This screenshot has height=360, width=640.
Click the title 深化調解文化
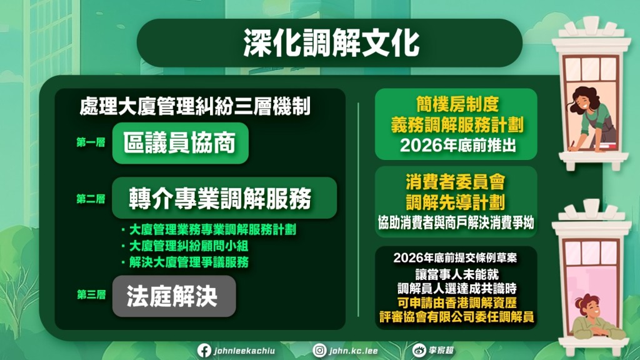tap(331, 42)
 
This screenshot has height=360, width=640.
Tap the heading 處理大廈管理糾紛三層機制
tap(195, 106)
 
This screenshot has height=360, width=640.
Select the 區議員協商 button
tap(180, 143)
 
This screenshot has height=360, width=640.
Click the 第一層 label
tap(91, 142)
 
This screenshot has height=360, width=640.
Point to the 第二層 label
tap(91, 199)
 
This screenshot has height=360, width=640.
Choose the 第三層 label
tap(91, 295)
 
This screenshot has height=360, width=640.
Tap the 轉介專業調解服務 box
tap(224, 198)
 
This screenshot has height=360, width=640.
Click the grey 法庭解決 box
tap(174, 296)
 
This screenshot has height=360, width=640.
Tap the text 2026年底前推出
tap(458, 145)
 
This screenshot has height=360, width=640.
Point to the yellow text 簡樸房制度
tap(457, 104)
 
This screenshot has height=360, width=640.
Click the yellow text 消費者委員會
tap(456, 182)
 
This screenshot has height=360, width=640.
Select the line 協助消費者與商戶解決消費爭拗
tap(456, 223)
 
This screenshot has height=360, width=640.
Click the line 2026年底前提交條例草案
tap(455, 258)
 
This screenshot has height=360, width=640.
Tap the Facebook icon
tap(204, 350)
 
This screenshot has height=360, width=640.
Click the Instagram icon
tap(319, 350)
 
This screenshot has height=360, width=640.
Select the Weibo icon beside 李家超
tap(419, 350)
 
